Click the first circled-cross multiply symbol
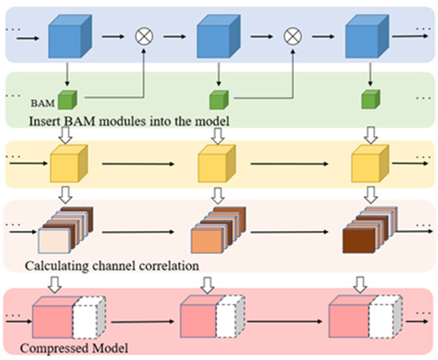[145, 36]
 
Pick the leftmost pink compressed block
[53, 319]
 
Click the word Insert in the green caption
[45, 122]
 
